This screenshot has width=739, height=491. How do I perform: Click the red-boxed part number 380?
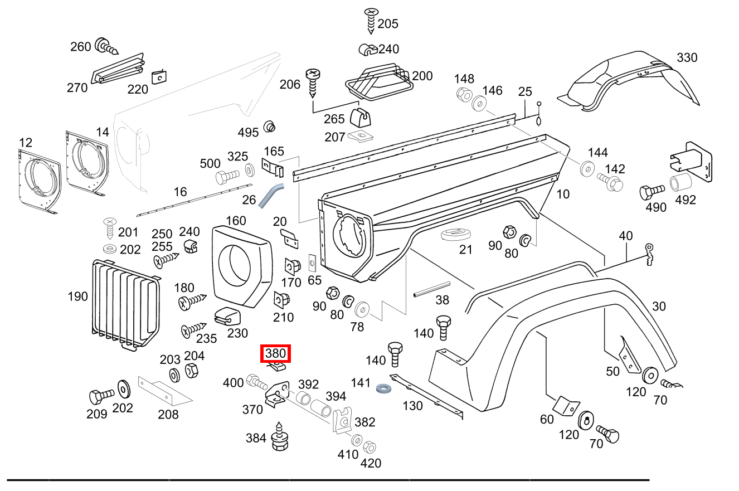275,353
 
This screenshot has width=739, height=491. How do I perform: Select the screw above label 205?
371,20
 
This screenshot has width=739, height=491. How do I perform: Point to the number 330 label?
687,57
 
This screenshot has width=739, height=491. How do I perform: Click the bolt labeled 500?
225,178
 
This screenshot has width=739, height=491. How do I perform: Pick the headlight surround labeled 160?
241,265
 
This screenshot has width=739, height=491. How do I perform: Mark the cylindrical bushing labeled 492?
680,183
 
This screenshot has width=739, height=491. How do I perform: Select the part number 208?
168,414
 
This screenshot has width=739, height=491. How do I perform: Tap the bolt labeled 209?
101,396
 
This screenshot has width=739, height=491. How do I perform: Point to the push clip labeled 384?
279,437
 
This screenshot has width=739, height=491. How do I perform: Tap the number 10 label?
563,194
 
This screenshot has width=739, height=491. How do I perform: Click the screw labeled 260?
106,46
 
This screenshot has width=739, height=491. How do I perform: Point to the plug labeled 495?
270,126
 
